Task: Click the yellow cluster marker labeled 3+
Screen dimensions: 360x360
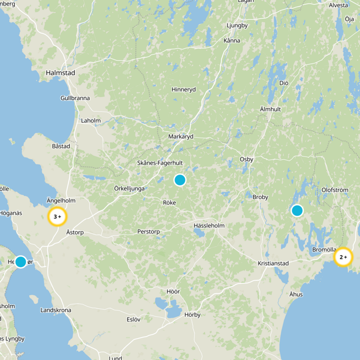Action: click(x=57, y=216)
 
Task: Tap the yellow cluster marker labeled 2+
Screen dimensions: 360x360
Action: click(x=343, y=257)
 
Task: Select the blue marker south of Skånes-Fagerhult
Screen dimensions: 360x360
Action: click(x=180, y=180)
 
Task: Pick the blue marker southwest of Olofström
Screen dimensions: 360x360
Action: click(x=297, y=210)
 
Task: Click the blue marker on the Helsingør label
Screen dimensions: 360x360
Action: click(x=21, y=261)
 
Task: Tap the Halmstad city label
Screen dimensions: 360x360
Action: click(x=60, y=72)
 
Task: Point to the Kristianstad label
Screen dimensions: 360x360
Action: click(x=273, y=263)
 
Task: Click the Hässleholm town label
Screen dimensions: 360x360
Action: click(x=209, y=225)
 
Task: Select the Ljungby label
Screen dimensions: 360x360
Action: click(x=238, y=25)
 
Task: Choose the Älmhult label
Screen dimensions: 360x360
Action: click(x=270, y=109)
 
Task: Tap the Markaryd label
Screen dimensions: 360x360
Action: click(x=180, y=136)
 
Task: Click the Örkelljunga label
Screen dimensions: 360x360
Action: click(x=129, y=189)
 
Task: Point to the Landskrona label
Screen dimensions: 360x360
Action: click(x=56, y=310)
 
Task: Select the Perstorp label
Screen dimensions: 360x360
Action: click(x=148, y=232)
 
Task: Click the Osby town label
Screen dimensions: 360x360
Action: click(x=247, y=159)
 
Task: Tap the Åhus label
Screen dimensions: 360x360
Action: click(x=296, y=294)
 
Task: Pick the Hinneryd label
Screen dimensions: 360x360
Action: click(x=184, y=90)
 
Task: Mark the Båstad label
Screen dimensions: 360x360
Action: click(x=61, y=146)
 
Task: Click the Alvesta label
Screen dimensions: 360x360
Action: click(x=338, y=5)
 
